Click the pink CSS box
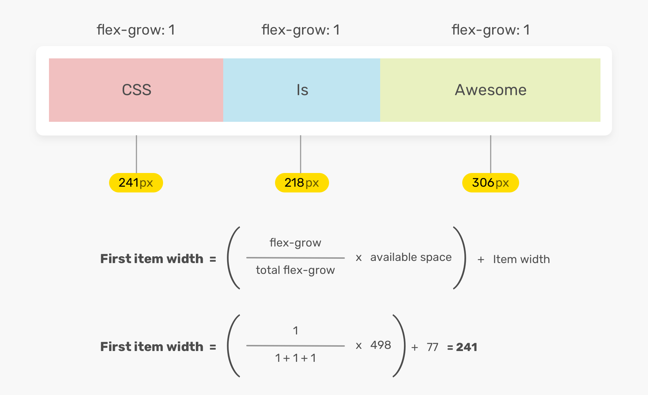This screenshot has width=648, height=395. pyautogui.click(x=136, y=90)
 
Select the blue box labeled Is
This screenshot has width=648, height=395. pyautogui.click(x=302, y=90)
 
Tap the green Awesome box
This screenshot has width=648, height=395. pyautogui.click(x=490, y=90)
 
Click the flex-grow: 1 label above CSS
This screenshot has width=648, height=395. pyautogui.click(x=136, y=30)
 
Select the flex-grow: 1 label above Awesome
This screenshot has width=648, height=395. pyautogui.click(x=491, y=30)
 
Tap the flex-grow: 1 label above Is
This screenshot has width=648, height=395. pyautogui.click(x=301, y=30)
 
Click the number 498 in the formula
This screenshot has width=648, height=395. pyautogui.click(x=381, y=345)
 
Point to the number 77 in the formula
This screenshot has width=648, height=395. pyautogui.click(x=432, y=347)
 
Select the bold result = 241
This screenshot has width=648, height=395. pyautogui.click(x=462, y=347)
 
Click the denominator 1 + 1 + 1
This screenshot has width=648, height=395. pyautogui.click(x=295, y=358)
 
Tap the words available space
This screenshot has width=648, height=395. pyautogui.click(x=411, y=257)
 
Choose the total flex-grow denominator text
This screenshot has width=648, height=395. pyautogui.click(x=295, y=270)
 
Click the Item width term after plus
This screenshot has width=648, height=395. pyautogui.click(x=521, y=259)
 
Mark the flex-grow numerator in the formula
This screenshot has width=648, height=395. pyautogui.click(x=295, y=243)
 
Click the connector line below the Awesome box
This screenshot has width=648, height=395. pyautogui.click(x=490, y=154)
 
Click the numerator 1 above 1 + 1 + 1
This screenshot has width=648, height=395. pyautogui.click(x=295, y=330)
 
